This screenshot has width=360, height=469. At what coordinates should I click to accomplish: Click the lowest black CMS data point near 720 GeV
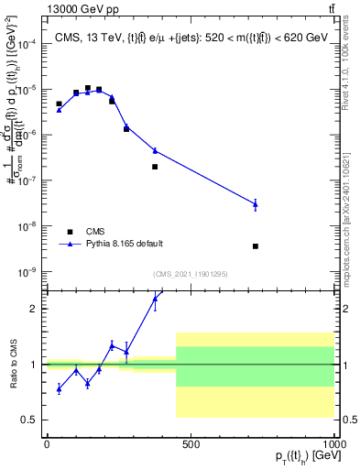[x=256, y=246]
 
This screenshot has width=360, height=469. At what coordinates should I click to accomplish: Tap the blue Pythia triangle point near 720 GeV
[x=256, y=204]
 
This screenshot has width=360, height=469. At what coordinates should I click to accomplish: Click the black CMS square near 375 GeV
[x=155, y=167]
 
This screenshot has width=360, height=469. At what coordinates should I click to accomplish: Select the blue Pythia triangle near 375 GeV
[x=155, y=150]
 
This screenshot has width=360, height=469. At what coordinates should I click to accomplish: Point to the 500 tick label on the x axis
[x=191, y=443]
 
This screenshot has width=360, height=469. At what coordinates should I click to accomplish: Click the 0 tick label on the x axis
[x=46, y=443]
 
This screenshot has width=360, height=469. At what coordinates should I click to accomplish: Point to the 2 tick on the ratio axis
[x=33, y=309]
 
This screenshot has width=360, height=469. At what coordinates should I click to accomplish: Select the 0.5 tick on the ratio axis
[x=29, y=420]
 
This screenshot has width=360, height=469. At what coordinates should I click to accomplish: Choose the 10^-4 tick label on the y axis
[x=27, y=44]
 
